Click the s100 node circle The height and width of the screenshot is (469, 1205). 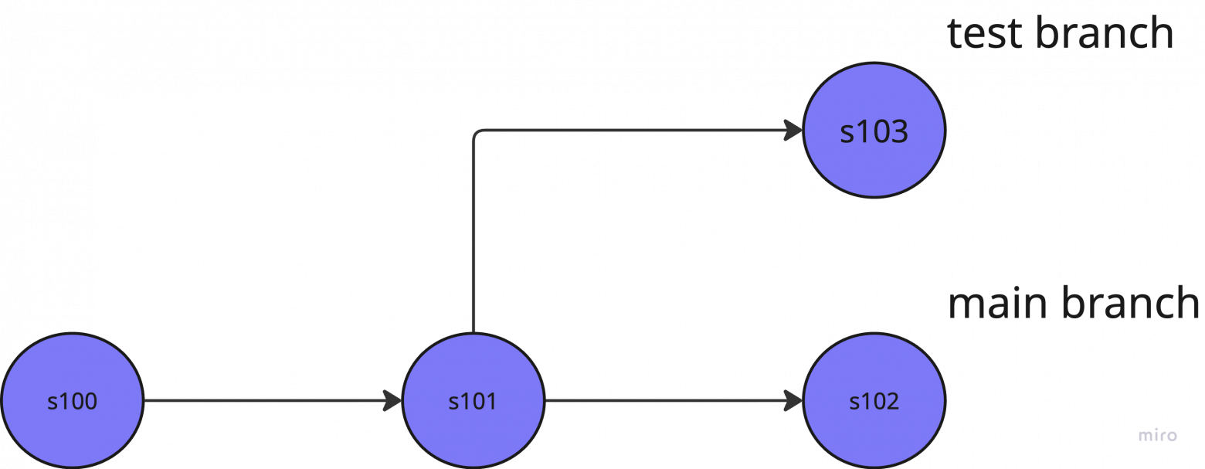pos(73,401)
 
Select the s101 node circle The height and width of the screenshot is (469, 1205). pos(474,401)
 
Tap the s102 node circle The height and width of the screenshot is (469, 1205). pos(874,401)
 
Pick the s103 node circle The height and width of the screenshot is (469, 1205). pos(874,130)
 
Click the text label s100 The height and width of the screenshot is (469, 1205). pos(73,401)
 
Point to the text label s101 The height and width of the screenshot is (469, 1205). pos(473,401)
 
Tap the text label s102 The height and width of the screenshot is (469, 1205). pos(874,401)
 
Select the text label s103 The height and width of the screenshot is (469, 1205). pos(874,132)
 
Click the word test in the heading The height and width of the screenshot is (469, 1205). pos(985,33)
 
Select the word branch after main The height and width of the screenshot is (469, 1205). pos(1131,302)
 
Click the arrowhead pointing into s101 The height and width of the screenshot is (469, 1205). pos(392,401)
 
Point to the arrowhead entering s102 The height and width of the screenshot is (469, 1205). pos(793,401)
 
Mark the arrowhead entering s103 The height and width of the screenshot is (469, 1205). pos(793,130)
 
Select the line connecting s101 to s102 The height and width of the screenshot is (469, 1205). pos(674,401)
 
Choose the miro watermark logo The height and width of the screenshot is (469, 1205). pos(1158,435)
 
